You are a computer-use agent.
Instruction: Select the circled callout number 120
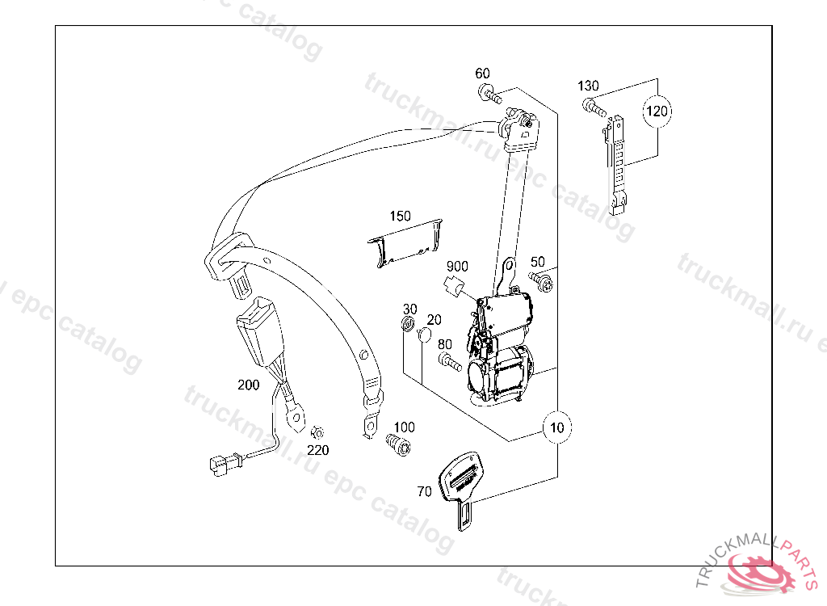(657, 112)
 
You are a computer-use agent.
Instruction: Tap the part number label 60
(482, 74)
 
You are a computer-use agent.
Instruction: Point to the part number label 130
(588, 86)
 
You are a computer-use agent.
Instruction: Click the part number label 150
(400, 217)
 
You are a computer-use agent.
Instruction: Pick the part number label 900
(457, 266)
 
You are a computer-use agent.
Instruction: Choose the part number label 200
(249, 385)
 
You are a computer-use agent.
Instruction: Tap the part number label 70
(424, 490)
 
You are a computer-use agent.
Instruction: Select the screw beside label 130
(594, 106)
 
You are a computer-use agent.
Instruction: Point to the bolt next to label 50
(543, 280)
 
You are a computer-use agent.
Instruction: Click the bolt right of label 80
(450, 365)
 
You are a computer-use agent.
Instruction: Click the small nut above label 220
(317, 433)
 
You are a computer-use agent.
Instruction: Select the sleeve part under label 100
(399, 444)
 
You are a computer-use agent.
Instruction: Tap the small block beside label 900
(453, 284)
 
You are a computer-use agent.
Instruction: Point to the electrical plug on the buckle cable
(220, 464)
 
